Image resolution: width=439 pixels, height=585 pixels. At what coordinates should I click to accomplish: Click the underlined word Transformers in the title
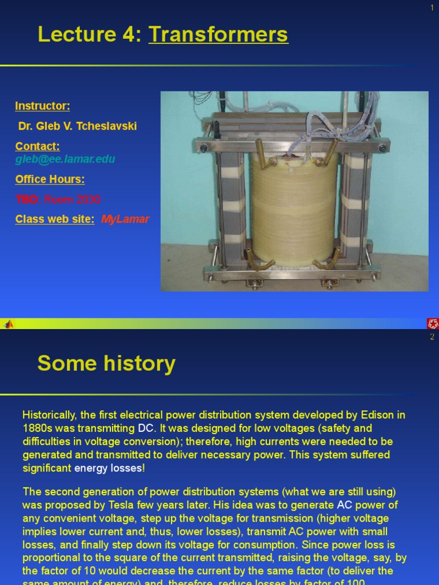pyautogui.click(x=218, y=35)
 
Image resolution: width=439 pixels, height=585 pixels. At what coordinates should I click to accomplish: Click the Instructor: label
pyautogui.click(x=43, y=106)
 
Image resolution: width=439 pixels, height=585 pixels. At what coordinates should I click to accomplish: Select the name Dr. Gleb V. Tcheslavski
pyautogui.click(x=78, y=126)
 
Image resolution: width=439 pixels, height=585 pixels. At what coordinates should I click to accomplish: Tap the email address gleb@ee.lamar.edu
pyautogui.click(x=65, y=159)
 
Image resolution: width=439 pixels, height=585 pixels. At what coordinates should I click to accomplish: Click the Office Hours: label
pyautogui.click(x=50, y=179)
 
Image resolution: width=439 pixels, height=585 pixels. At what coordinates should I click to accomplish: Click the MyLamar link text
pyautogui.click(x=125, y=219)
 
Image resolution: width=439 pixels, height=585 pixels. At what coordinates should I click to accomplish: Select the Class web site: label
pyautogui.click(x=55, y=219)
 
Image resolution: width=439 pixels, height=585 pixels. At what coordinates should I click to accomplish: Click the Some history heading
pyautogui.click(x=106, y=363)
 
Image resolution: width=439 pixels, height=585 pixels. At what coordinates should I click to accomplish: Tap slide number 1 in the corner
pyautogui.click(x=433, y=7)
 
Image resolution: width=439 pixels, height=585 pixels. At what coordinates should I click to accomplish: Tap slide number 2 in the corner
pyautogui.click(x=433, y=336)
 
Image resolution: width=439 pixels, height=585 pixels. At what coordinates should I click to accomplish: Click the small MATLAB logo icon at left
pyautogui.click(x=8, y=324)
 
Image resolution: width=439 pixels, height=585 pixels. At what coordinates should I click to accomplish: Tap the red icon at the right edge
pyautogui.click(x=433, y=324)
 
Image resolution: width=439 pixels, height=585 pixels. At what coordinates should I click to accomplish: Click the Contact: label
pyautogui.click(x=37, y=147)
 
